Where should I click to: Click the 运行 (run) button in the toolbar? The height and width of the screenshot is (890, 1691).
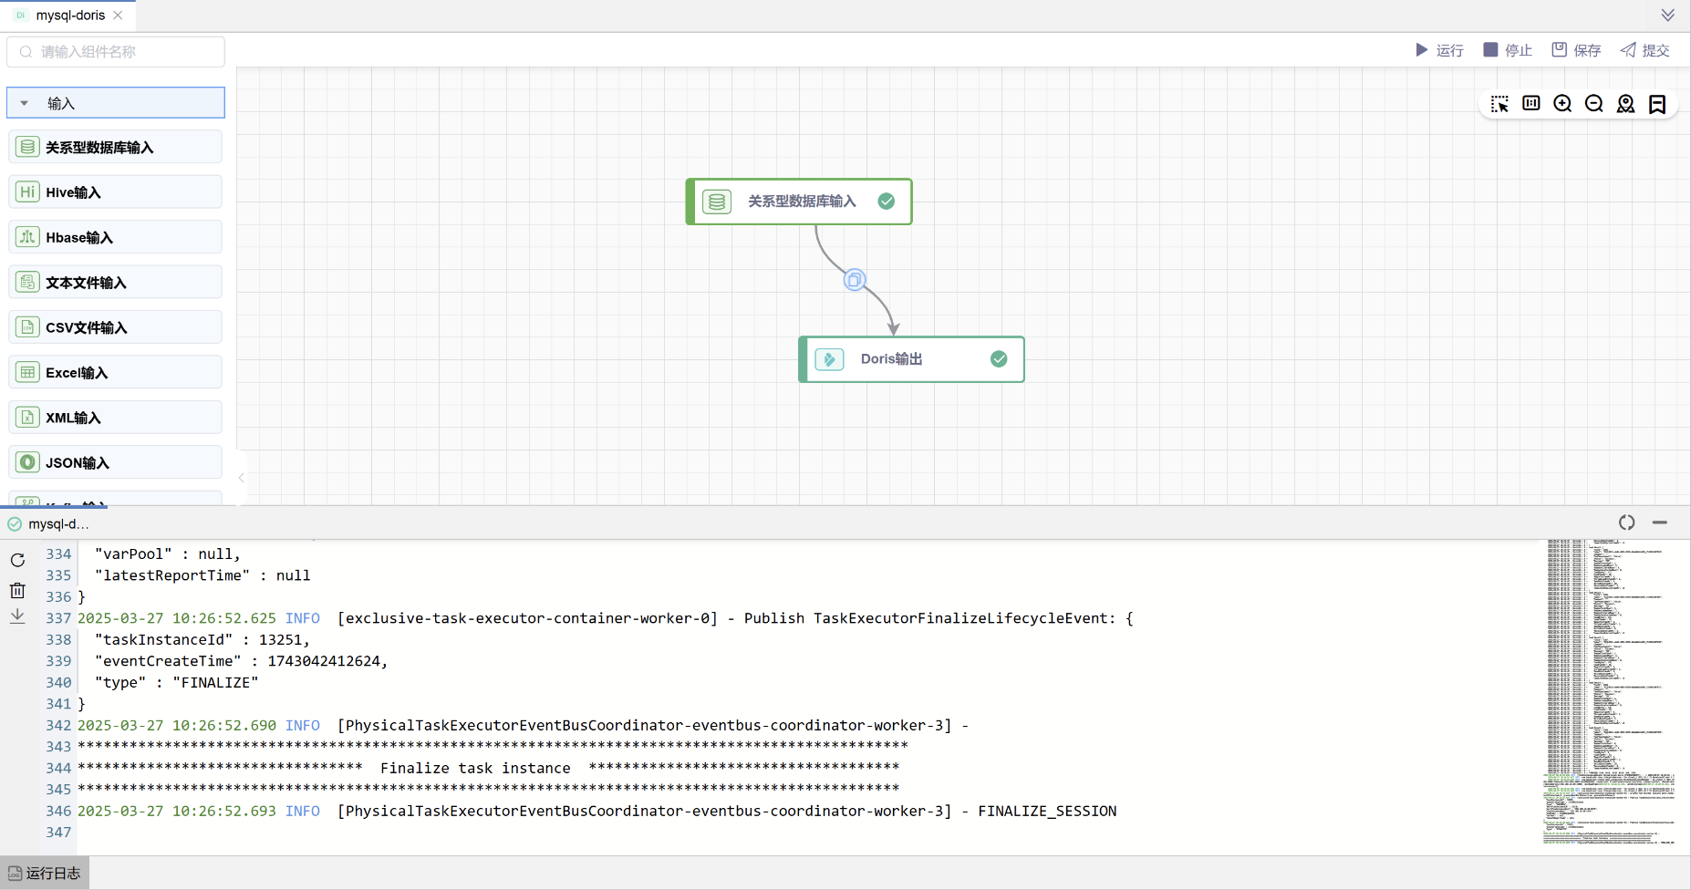click(1439, 50)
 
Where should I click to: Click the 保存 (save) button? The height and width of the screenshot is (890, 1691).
click(1576, 50)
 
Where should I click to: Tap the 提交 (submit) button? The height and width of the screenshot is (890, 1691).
click(1644, 50)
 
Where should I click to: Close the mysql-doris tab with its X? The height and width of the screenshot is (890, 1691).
click(118, 16)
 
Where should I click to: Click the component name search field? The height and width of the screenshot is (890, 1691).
click(117, 52)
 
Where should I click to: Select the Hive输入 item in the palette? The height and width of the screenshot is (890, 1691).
click(115, 192)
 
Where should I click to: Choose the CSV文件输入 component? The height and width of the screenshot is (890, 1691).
click(115, 327)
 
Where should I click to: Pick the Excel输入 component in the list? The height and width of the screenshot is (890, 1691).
click(115, 372)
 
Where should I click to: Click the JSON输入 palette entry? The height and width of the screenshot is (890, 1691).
click(115, 462)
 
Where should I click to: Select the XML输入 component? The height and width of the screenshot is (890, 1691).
click(115, 418)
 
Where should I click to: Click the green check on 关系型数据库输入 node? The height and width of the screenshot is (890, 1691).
click(887, 202)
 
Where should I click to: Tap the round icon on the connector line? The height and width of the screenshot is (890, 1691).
click(855, 280)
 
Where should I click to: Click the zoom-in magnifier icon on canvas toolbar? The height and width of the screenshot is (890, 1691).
click(1562, 104)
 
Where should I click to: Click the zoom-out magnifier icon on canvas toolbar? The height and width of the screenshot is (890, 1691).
click(1594, 104)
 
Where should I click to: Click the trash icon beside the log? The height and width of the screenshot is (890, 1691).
click(17, 590)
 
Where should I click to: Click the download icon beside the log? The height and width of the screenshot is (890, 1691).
click(17, 616)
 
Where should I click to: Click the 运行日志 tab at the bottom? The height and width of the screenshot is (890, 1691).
click(45, 874)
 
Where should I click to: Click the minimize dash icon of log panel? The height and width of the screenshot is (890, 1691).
click(1660, 523)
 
